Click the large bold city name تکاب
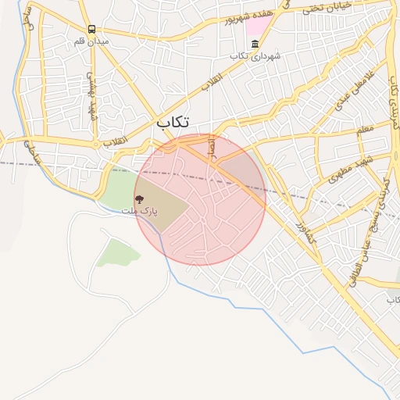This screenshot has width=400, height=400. (x=173, y=122)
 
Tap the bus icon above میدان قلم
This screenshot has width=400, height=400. (x=91, y=30)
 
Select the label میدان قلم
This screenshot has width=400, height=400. (x=91, y=41)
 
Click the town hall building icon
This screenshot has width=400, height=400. (x=234, y=56)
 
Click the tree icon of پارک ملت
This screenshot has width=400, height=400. (x=140, y=199)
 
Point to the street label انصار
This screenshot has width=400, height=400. (x=211, y=146)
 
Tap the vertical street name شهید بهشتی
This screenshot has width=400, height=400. (x=91, y=96)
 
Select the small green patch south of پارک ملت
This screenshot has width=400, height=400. (x=119, y=251)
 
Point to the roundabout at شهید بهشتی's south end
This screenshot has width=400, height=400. (x=95, y=145)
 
